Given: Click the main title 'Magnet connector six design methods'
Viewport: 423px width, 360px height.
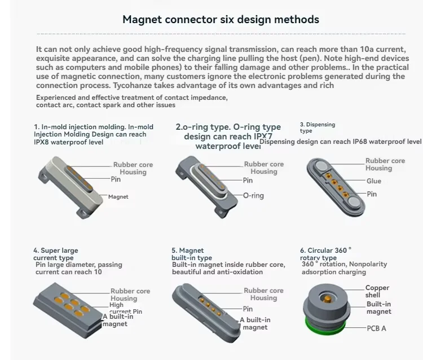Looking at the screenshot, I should pyautogui.click(x=221, y=20).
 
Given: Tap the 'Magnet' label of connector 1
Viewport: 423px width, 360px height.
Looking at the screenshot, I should pyautogui.click(x=118, y=197).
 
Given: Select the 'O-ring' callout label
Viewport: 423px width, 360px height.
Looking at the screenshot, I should pyautogui.click(x=253, y=196).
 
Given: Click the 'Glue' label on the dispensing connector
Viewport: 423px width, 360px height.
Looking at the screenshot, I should pyautogui.click(x=373, y=181).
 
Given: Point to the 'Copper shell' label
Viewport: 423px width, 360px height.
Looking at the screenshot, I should pyautogui.click(x=377, y=291).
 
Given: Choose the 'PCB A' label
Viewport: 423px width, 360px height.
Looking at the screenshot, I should pyautogui.click(x=376, y=328).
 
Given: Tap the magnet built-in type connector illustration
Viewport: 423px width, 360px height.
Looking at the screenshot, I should pyautogui.click(x=203, y=308).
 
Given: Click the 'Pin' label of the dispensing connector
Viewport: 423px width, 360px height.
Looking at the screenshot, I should pyautogui.click(x=372, y=194).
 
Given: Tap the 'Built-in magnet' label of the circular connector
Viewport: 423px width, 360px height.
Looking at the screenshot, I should pyautogui.click(x=378, y=308).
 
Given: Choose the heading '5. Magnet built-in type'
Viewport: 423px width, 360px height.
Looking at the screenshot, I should pyautogui.click(x=192, y=254).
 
